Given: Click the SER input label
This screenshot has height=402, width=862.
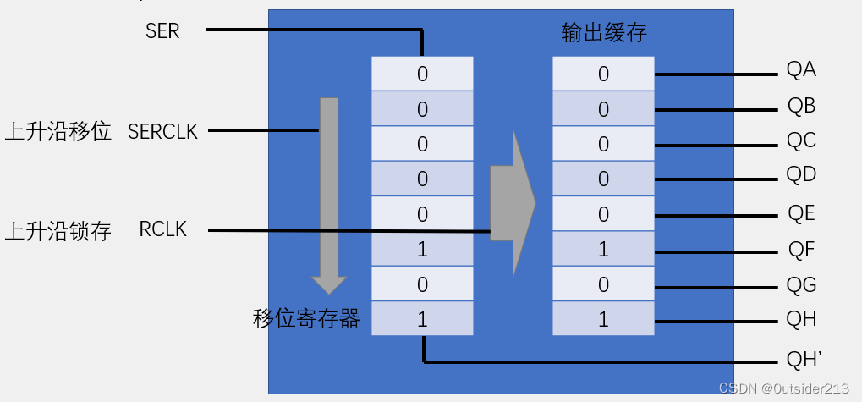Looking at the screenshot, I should [162, 31].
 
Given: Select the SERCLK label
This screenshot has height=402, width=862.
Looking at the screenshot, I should [162, 132].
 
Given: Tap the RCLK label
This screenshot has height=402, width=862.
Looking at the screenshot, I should [162, 230].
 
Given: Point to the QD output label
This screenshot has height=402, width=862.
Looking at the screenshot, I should [800, 176].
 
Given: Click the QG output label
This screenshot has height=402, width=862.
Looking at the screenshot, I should [801, 285].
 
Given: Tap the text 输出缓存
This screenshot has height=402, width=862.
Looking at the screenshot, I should [604, 33].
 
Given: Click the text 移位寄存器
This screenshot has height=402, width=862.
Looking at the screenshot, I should [306, 318].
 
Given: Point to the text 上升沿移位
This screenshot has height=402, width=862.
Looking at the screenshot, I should [58, 132].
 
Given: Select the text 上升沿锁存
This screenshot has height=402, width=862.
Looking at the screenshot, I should [58, 231].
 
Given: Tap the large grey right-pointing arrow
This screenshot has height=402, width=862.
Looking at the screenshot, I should [513, 203].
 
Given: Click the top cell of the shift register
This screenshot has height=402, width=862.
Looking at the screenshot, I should [422, 74].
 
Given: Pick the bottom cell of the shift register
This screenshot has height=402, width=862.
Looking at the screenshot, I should [422, 319].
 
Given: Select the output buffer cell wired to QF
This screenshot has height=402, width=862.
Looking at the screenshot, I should [603, 250].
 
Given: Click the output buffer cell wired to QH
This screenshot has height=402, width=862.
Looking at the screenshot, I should [603, 319].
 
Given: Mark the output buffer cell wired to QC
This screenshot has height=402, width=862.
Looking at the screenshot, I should [603, 144].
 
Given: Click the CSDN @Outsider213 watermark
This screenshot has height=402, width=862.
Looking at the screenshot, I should [783, 388].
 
